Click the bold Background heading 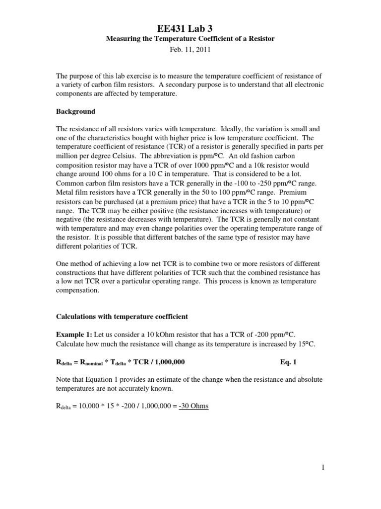point(75,111)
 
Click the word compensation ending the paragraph point(77,291)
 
